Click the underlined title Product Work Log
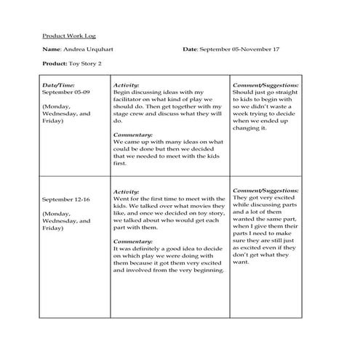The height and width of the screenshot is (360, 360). click(69, 35)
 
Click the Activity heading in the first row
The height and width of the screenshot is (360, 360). click(127, 85)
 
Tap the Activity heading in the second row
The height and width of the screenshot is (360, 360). click(127, 191)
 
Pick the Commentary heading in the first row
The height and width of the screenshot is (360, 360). click(133, 135)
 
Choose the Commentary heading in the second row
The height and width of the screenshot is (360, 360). click(133, 241)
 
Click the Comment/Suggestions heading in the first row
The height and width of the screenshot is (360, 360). click(265, 85)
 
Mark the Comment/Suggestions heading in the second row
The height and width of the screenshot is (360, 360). click(265, 190)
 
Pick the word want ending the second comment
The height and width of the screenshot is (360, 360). click(241, 263)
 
